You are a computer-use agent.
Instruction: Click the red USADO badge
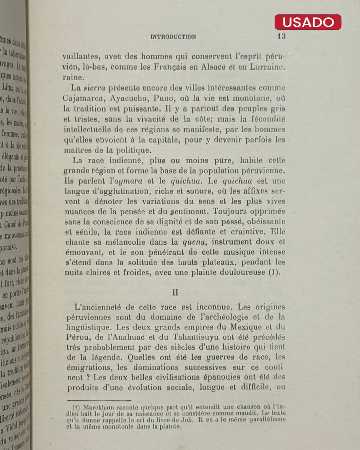tap(308, 22)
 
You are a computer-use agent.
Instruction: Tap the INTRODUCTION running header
tap(173, 37)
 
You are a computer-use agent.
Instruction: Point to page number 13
tap(281, 36)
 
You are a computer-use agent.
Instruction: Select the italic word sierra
tap(94, 88)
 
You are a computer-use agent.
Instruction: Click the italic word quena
tap(194, 242)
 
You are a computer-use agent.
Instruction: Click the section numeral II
tap(175, 292)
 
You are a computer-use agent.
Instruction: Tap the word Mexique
tap(246, 327)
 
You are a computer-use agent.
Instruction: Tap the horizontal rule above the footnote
tap(99, 400)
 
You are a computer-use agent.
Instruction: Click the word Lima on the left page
tap(8, 87)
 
